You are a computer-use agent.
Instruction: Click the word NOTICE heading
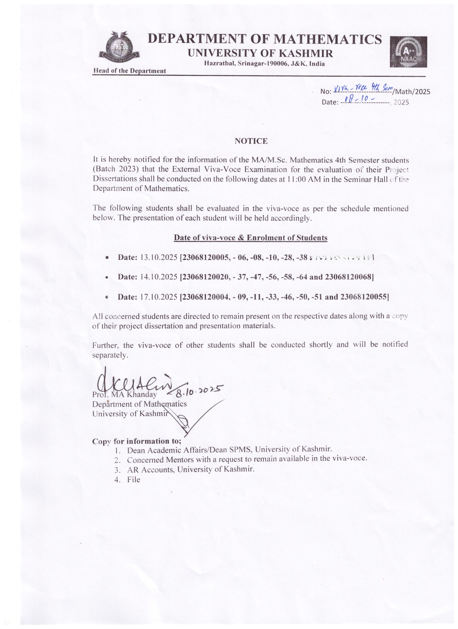point(251,141)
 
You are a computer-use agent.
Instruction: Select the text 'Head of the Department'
point(129,71)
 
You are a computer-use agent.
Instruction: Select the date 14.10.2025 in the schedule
point(159,277)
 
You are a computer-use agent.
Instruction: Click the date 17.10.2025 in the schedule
point(159,297)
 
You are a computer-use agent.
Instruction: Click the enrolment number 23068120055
point(364,297)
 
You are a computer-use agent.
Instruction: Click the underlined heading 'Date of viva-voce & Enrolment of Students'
point(251,238)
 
